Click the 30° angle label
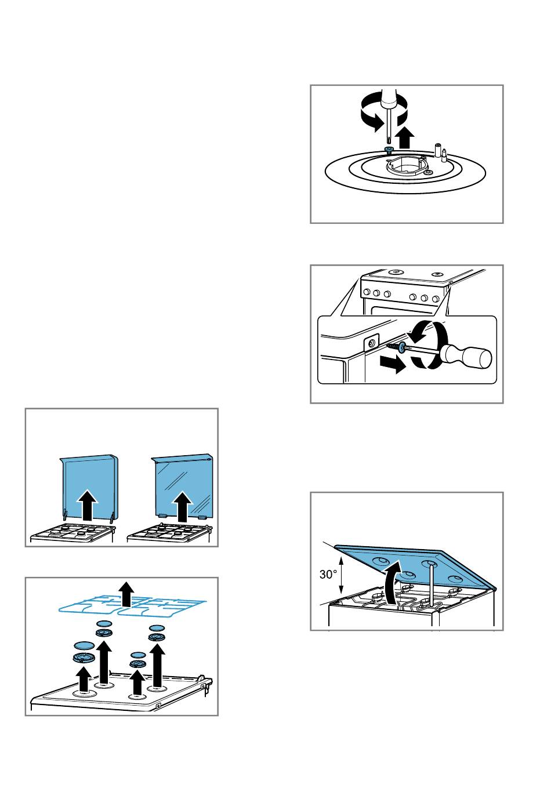click(x=328, y=574)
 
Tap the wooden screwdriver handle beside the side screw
click(x=466, y=357)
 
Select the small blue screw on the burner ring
click(x=388, y=149)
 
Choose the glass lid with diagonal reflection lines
click(x=183, y=485)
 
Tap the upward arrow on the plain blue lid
click(x=87, y=504)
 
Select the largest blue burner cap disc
click(x=84, y=645)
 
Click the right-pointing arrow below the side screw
click(x=393, y=364)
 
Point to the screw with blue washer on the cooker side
click(x=396, y=346)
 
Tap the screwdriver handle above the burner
click(x=388, y=99)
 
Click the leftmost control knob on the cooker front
click(x=366, y=292)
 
